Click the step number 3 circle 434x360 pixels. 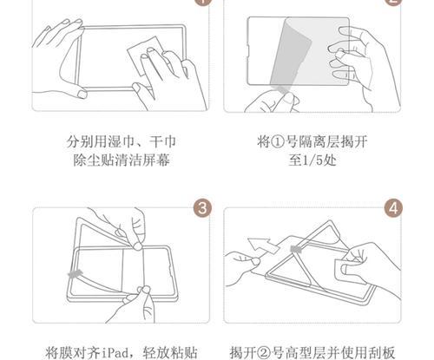click(x=202, y=207)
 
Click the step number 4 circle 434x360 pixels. click(x=393, y=207)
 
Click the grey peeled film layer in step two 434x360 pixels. click(x=290, y=55)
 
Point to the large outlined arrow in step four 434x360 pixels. click(x=263, y=245)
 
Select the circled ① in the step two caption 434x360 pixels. click(x=278, y=142)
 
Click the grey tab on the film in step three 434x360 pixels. click(x=75, y=273)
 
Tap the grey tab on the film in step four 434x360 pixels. click(x=296, y=249)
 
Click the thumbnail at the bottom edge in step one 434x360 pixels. click(x=82, y=95)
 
